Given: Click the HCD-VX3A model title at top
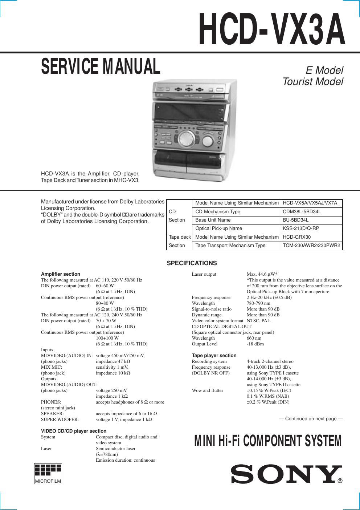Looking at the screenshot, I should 272,29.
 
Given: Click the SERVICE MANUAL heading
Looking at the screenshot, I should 101,66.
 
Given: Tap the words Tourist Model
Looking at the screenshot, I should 312,82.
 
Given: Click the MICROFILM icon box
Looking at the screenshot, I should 48,474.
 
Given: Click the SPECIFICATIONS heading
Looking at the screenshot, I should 192,263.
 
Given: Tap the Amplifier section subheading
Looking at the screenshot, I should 61,274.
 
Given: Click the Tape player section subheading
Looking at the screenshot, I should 214,356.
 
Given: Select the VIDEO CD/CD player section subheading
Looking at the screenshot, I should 74,431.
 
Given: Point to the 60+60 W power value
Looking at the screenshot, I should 105,286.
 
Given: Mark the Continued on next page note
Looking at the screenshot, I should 311,419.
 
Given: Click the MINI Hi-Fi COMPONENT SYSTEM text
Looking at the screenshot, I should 268,441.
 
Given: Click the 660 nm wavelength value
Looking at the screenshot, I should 254,338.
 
